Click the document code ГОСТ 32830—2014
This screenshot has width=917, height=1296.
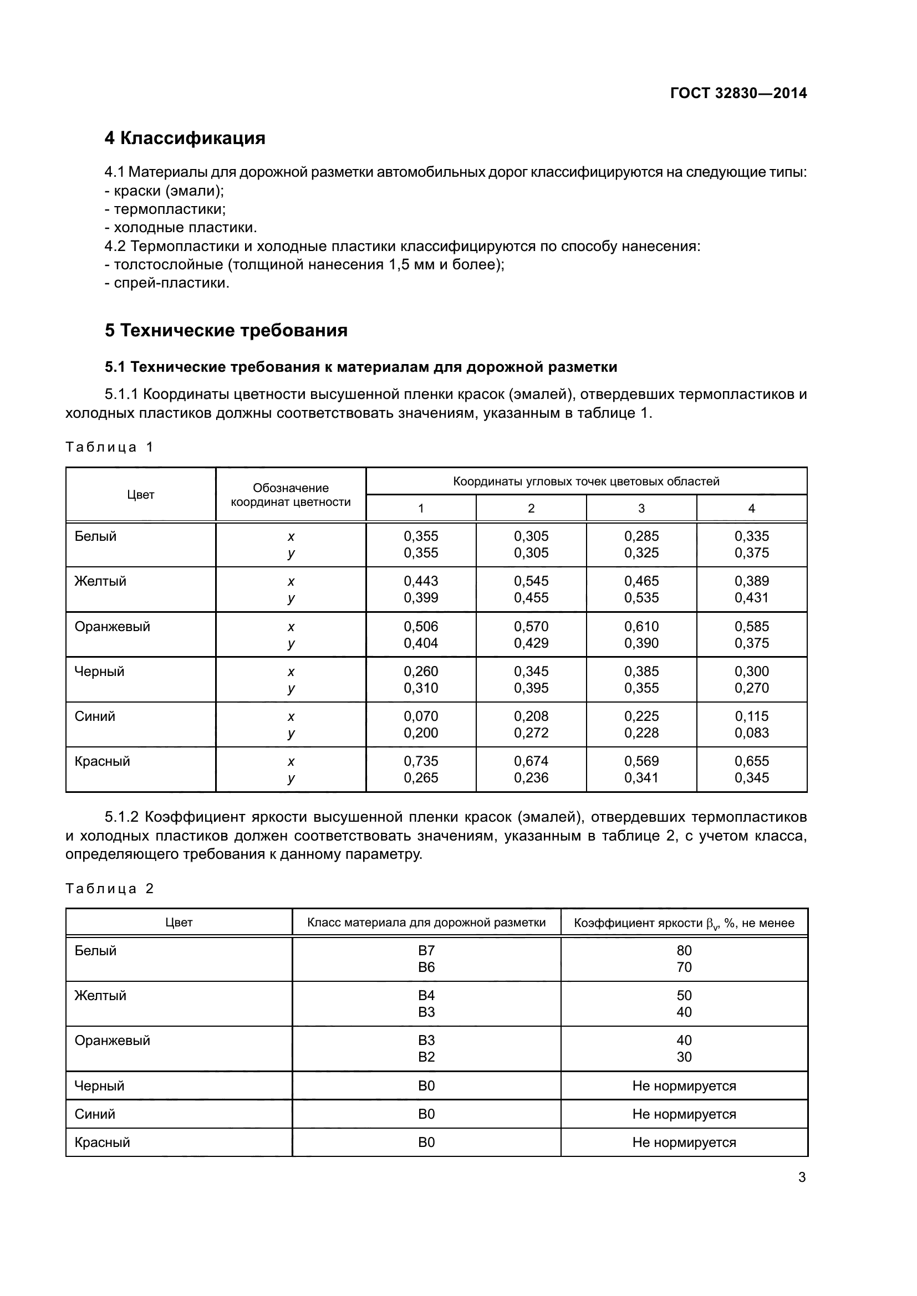[x=738, y=93]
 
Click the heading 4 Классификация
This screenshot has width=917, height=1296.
[x=185, y=138]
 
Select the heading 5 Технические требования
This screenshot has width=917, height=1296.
[x=226, y=330]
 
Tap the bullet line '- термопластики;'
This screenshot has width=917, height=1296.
[x=165, y=209]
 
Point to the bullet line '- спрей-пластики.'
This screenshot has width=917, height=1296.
[x=167, y=283]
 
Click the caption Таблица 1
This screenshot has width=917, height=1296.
[x=109, y=447]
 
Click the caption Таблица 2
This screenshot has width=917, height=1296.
[x=109, y=888]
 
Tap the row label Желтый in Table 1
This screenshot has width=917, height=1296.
[x=100, y=581]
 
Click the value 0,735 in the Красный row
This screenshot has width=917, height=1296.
[x=421, y=761]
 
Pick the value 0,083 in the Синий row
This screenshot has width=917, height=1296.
[x=751, y=732]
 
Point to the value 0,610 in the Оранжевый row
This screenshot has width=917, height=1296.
[x=641, y=626]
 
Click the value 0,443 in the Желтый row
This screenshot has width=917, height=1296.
[x=421, y=581]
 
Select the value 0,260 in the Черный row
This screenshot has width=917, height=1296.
[x=421, y=671]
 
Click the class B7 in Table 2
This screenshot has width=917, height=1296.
[x=426, y=951]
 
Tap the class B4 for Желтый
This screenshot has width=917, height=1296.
[x=426, y=995]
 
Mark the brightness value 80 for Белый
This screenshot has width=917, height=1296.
[x=684, y=951]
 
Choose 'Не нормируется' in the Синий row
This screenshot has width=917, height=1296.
[x=684, y=1114]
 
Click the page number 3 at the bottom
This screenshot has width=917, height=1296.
[x=802, y=1177]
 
